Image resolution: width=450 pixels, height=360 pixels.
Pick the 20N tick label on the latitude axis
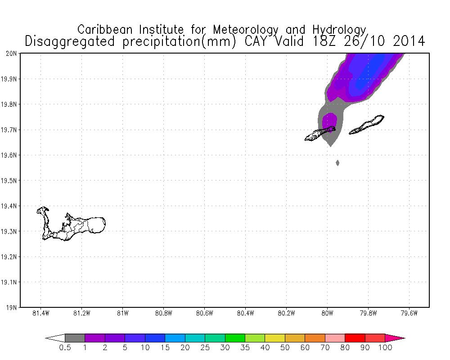click(11, 54)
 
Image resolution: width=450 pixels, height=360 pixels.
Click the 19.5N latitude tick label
click(9, 180)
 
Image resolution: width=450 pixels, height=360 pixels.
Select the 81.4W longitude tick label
click(41, 314)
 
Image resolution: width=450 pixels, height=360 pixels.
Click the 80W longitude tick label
click(327, 314)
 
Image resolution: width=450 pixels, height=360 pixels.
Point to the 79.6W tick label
click(409, 314)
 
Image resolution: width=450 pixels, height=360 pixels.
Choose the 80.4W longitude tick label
click(245, 314)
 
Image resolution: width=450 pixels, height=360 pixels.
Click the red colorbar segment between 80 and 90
click(355, 338)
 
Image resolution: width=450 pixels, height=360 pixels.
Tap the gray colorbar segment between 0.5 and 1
click(75, 338)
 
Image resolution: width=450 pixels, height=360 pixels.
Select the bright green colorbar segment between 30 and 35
click(235, 338)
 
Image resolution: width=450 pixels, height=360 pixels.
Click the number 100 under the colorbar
click(385, 347)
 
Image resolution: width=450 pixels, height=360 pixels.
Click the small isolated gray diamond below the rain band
click(337, 162)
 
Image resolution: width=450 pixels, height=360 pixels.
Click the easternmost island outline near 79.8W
click(367, 124)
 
